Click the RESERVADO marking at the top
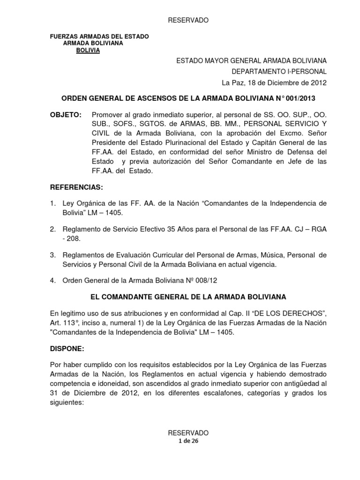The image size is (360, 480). (188, 20)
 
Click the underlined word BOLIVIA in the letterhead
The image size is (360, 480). (88, 51)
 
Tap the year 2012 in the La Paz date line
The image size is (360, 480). (315, 83)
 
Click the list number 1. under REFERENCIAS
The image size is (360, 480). (53, 204)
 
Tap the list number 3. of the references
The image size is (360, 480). (53, 255)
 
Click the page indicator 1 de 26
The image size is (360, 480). (188, 440)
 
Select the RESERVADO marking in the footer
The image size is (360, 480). (188, 432)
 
